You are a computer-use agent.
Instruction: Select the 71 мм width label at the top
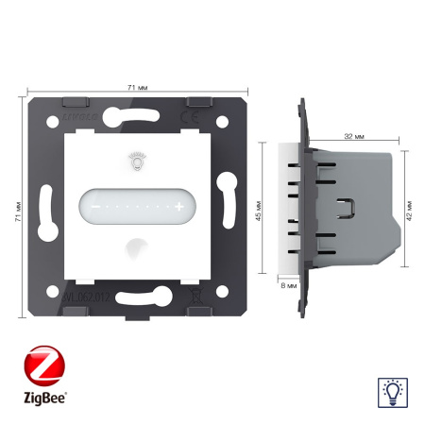[136, 87]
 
